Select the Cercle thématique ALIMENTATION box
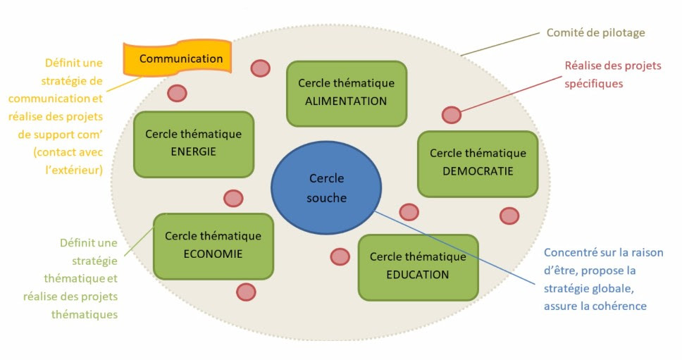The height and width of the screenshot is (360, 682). point(346,92)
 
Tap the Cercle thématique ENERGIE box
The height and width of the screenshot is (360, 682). point(193,143)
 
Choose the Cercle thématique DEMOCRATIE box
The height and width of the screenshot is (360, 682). point(478,162)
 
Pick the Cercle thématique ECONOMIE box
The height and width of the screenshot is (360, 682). point(213,245)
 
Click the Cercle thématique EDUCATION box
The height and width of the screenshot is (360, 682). point(418,266)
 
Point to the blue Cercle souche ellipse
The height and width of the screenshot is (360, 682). point(326,188)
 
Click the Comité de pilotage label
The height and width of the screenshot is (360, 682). point(595,33)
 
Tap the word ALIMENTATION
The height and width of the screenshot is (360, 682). point(346,101)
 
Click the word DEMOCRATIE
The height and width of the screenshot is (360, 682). point(478,171)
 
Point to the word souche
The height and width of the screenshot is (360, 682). point(326,198)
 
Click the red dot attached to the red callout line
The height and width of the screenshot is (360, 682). point(451,115)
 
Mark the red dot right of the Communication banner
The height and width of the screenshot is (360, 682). point(260,68)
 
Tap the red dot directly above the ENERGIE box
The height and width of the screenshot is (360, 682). point(177,93)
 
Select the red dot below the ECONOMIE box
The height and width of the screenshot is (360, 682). point(246,292)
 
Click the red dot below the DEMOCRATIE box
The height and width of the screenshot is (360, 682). point(509,216)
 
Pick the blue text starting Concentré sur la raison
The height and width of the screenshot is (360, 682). point(603,279)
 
